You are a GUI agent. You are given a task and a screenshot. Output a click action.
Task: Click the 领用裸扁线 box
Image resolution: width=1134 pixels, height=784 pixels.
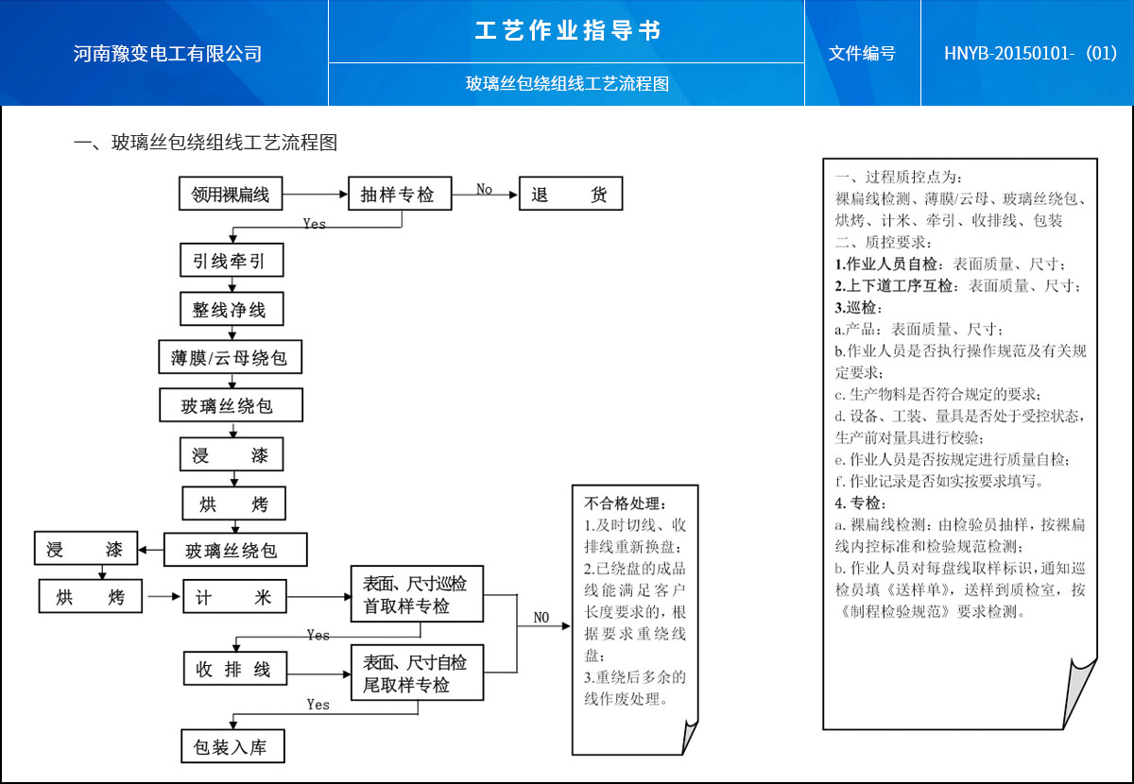(x=231, y=196)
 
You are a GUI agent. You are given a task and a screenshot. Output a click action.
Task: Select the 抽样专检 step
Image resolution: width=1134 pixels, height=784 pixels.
(x=398, y=196)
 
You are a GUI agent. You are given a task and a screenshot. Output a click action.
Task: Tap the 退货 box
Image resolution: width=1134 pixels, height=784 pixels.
(x=570, y=196)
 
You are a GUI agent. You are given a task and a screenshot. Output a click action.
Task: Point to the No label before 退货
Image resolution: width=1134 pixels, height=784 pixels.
(x=484, y=190)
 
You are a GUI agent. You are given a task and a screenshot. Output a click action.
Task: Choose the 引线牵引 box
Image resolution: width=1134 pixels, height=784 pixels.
(x=232, y=261)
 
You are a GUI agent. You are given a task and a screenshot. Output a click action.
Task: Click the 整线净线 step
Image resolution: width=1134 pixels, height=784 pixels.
(x=232, y=309)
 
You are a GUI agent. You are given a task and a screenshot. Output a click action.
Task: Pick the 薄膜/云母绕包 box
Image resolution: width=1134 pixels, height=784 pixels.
(x=230, y=358)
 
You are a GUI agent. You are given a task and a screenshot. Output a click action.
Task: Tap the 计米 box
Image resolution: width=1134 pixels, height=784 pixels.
(x=233, y=598)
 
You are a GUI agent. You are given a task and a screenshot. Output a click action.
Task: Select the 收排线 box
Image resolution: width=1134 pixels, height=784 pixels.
(x=233, y=670)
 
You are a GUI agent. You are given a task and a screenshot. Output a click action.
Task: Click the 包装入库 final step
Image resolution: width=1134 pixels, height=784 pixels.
(x=232, y=747)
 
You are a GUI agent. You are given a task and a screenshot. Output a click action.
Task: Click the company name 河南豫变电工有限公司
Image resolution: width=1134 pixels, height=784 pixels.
(x=167, y=54)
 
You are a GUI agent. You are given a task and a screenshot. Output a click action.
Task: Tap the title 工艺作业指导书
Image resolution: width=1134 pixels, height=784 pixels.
(x=567, y=31)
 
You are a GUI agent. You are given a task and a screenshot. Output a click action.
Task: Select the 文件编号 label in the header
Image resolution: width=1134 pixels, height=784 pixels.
(x=861, y=54)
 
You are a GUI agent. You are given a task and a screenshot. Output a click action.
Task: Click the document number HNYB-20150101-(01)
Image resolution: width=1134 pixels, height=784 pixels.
(x=1030, y=54)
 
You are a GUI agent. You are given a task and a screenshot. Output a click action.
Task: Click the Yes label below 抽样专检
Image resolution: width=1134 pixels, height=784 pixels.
(x=314, y=224)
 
